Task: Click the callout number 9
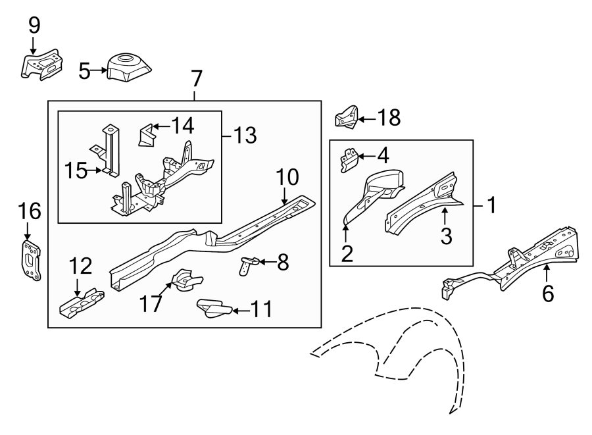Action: click(34, 26)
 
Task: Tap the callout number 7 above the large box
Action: click(195, 79)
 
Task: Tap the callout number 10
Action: click(287, 176)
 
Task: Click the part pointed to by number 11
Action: click(212, 308)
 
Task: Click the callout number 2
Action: click(347, 253)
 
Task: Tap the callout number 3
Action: click(446, 236)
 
